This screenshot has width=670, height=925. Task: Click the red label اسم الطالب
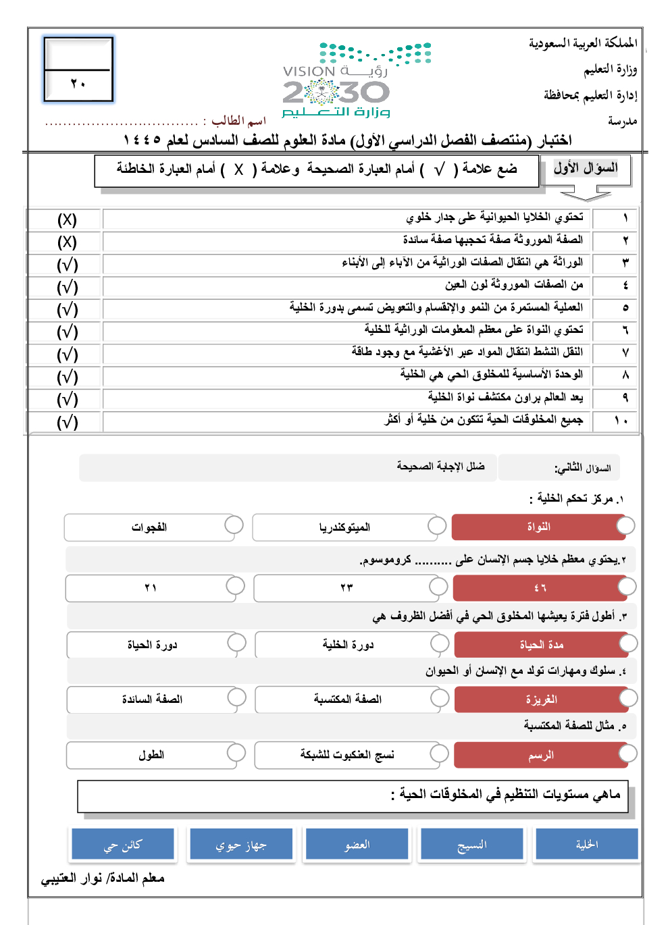coord(238,121)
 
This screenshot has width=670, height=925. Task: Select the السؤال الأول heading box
coord(586,169)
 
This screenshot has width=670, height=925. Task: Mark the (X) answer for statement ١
coord(67,219)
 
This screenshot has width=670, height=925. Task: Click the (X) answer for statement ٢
coord(67,242)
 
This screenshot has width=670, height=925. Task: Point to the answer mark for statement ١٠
coord(67,422)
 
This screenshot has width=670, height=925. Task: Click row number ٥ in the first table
coord(625,308)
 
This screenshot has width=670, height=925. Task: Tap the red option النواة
coord(539,527)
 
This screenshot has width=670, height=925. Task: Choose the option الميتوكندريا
coord(344,527)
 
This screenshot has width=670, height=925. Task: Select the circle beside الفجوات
coord(234,525)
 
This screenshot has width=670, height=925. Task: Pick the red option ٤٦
coord(540,588)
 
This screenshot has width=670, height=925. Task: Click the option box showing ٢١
coord(151,588)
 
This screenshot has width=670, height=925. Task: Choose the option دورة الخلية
coord(347,645)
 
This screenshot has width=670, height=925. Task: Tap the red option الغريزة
coord(542,699)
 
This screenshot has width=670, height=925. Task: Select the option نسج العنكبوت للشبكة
coord(347,755)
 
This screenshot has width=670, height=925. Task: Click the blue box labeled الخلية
coord(586,845)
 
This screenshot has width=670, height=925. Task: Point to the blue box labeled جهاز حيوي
coord(241,845)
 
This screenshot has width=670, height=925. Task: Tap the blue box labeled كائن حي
coord(123,845)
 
